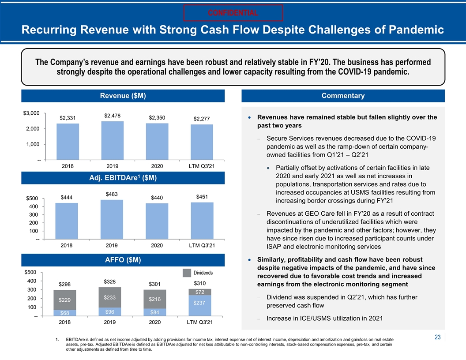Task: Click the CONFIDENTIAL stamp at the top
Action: (233, 13)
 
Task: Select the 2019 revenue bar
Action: (113, 140)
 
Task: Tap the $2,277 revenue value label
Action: (202, 119)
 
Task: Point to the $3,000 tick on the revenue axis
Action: (31, 113)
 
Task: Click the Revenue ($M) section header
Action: (123, 96)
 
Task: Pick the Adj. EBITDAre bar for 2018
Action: (67, 221)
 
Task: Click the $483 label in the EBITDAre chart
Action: (112, 194)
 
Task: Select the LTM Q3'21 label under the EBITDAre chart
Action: (202, 245)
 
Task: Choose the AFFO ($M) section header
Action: (123, 260)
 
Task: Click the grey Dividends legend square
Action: (187, 273)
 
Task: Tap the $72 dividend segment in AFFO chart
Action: (200, 292)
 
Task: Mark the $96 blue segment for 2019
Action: (110, 312)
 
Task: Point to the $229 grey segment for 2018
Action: (65, 300)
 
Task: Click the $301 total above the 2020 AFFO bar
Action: (154, 284)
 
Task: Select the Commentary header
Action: (343, 96)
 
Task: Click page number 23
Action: (437, 337)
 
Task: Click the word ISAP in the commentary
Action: (274, 247)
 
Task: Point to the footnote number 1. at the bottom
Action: (57, 340)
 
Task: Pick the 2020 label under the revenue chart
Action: (157, 166)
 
